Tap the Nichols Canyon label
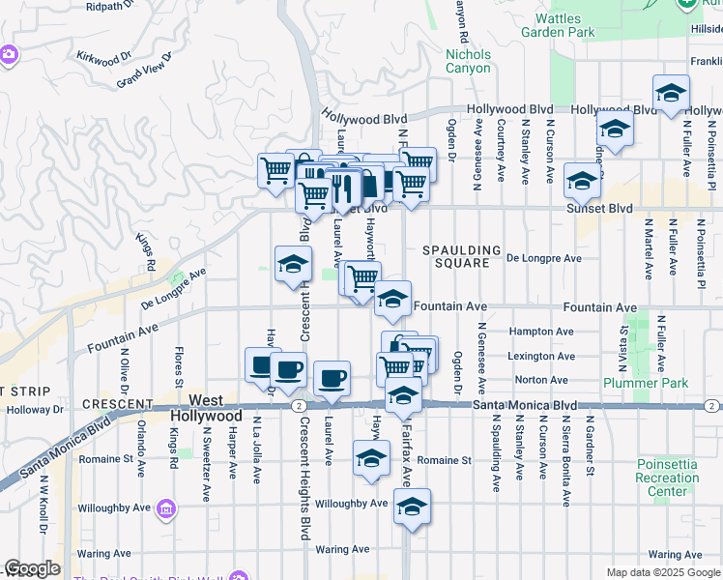(468, 62)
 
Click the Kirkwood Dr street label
(114, 60)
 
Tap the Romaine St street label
(446, 461)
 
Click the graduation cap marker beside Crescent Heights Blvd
(293, 263)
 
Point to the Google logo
(32, 568)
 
